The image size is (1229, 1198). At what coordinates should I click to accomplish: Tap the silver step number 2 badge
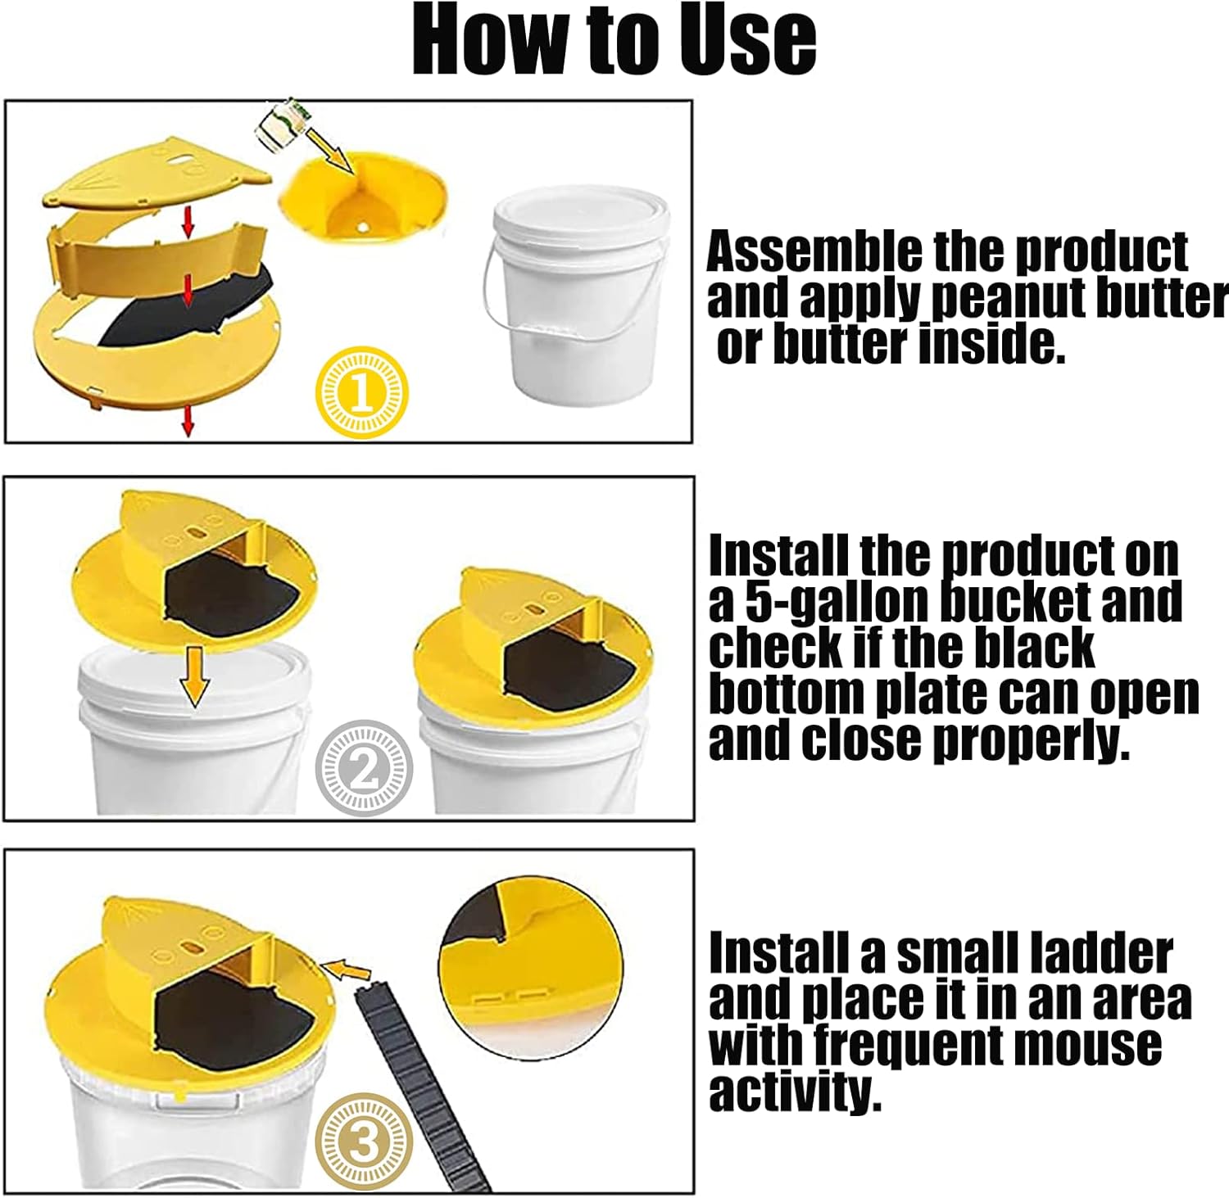point(364,767)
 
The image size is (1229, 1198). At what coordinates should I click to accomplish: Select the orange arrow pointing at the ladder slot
point(347,970)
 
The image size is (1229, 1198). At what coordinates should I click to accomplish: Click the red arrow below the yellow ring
point(188,420)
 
